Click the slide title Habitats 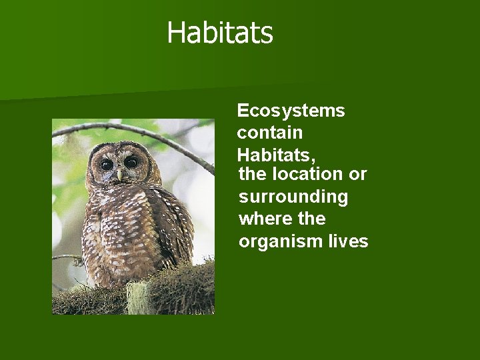point(220,33)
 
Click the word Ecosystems point(291,111)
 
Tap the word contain point(269,133)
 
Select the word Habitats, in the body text point(277,155)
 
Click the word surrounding point(293,197)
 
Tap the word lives point(348,241)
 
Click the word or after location point(358,175)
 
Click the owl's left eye point(107,164)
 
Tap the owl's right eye point(131,162)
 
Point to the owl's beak point(120,174)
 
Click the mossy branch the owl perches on point(180,287)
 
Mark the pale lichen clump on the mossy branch point(138,297)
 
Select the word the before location point(252,175)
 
